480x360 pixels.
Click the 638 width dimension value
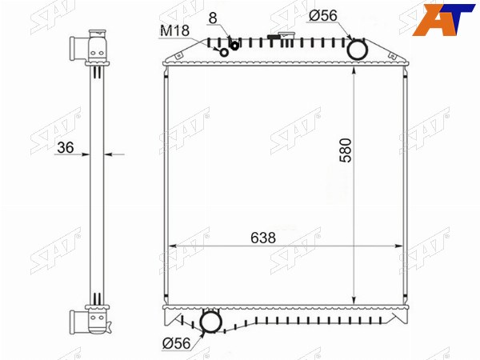[x=263, y=238]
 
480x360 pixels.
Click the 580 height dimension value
[x=346, y=150]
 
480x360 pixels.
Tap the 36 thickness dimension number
[x=66, y=147]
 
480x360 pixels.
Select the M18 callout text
[x=174, y=30]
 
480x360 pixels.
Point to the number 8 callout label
[x=213, y=18]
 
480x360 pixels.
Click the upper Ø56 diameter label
[x=323, y=16]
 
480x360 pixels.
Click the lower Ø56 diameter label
[x=176, y=343]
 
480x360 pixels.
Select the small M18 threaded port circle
[x=224, y=53]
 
